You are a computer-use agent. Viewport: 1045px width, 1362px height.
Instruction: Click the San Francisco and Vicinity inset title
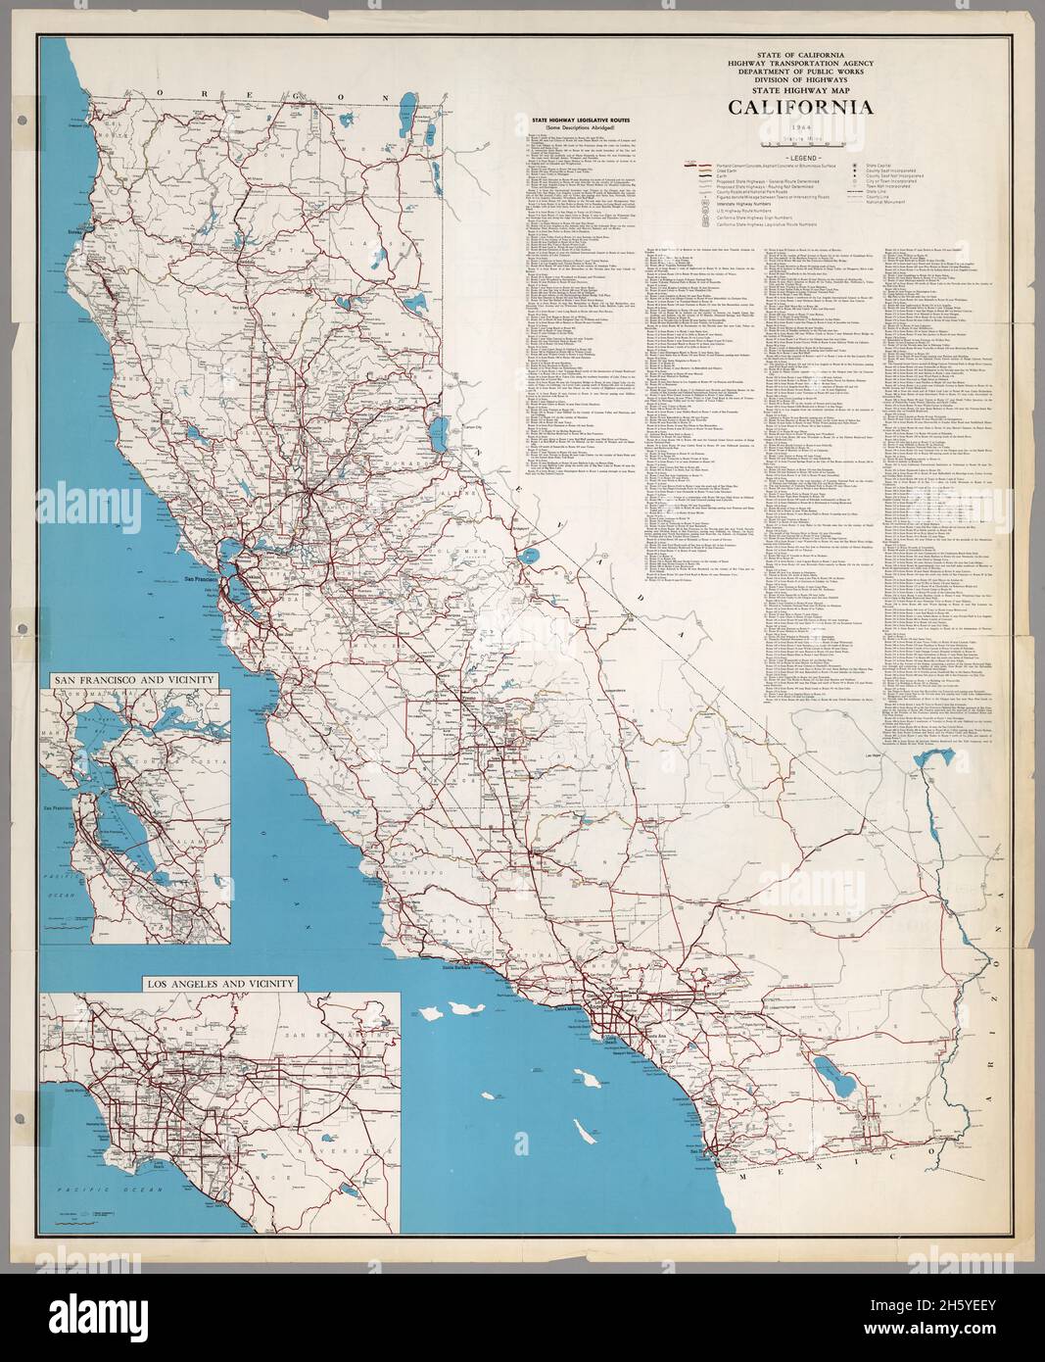tap(130, 677)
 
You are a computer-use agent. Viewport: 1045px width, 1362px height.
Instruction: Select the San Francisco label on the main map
tap(203, 579)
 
